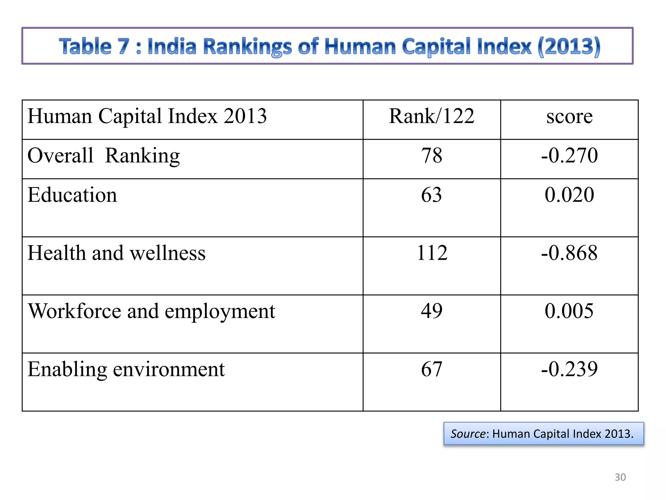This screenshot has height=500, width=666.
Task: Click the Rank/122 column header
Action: pos(432,116)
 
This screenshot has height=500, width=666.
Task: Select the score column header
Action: pos(569,116)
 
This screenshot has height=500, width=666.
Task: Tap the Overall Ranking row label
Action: pos(103,156)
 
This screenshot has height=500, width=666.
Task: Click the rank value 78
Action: pos(432,155)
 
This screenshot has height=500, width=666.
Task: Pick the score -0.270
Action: pos(569,155)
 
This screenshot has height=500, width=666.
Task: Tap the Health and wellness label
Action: pos(116,253)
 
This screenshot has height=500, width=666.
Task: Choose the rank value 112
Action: pos(432,253)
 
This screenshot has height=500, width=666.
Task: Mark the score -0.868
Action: pos(569,253)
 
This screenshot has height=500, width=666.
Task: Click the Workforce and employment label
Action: pos(152,311)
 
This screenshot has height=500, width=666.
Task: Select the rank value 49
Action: pos(432,311)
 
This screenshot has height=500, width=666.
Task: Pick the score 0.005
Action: pos(569,311)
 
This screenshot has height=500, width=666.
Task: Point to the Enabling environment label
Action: pos(126,369)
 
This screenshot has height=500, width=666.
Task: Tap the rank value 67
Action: pos(432,369)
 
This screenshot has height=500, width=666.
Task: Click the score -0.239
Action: pos(569,369)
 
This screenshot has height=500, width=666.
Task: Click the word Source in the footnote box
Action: pos(468,434)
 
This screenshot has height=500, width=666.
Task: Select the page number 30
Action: pos(620,477)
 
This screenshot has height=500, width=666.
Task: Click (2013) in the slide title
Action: pos(569,46)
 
